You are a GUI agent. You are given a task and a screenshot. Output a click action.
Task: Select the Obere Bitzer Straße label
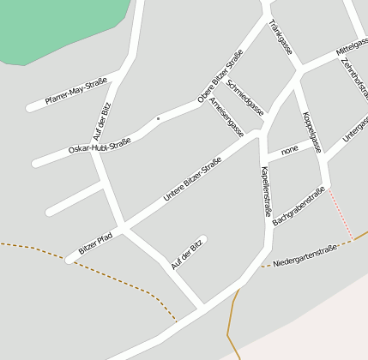pos(220,76)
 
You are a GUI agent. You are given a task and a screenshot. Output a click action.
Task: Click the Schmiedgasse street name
pos(246,101)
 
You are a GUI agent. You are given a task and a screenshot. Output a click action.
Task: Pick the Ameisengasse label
pos(226,117)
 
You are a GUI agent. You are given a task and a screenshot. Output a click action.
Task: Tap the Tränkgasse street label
pos(281,37)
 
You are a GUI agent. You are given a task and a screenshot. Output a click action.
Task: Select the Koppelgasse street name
pos(311,132)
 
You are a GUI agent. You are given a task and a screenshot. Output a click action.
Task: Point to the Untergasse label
pos(355,129)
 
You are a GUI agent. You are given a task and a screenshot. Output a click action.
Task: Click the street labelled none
pos(290,150)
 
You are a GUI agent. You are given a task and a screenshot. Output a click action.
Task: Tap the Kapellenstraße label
pos(266,190)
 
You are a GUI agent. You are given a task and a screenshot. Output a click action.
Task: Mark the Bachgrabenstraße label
pos(299,207)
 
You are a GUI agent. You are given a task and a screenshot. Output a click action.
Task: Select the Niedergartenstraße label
pos(305,253)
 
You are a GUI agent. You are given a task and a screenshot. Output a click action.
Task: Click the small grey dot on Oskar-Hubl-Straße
pos(159,118)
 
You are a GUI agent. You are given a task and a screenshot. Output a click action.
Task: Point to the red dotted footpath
pos(341,215)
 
